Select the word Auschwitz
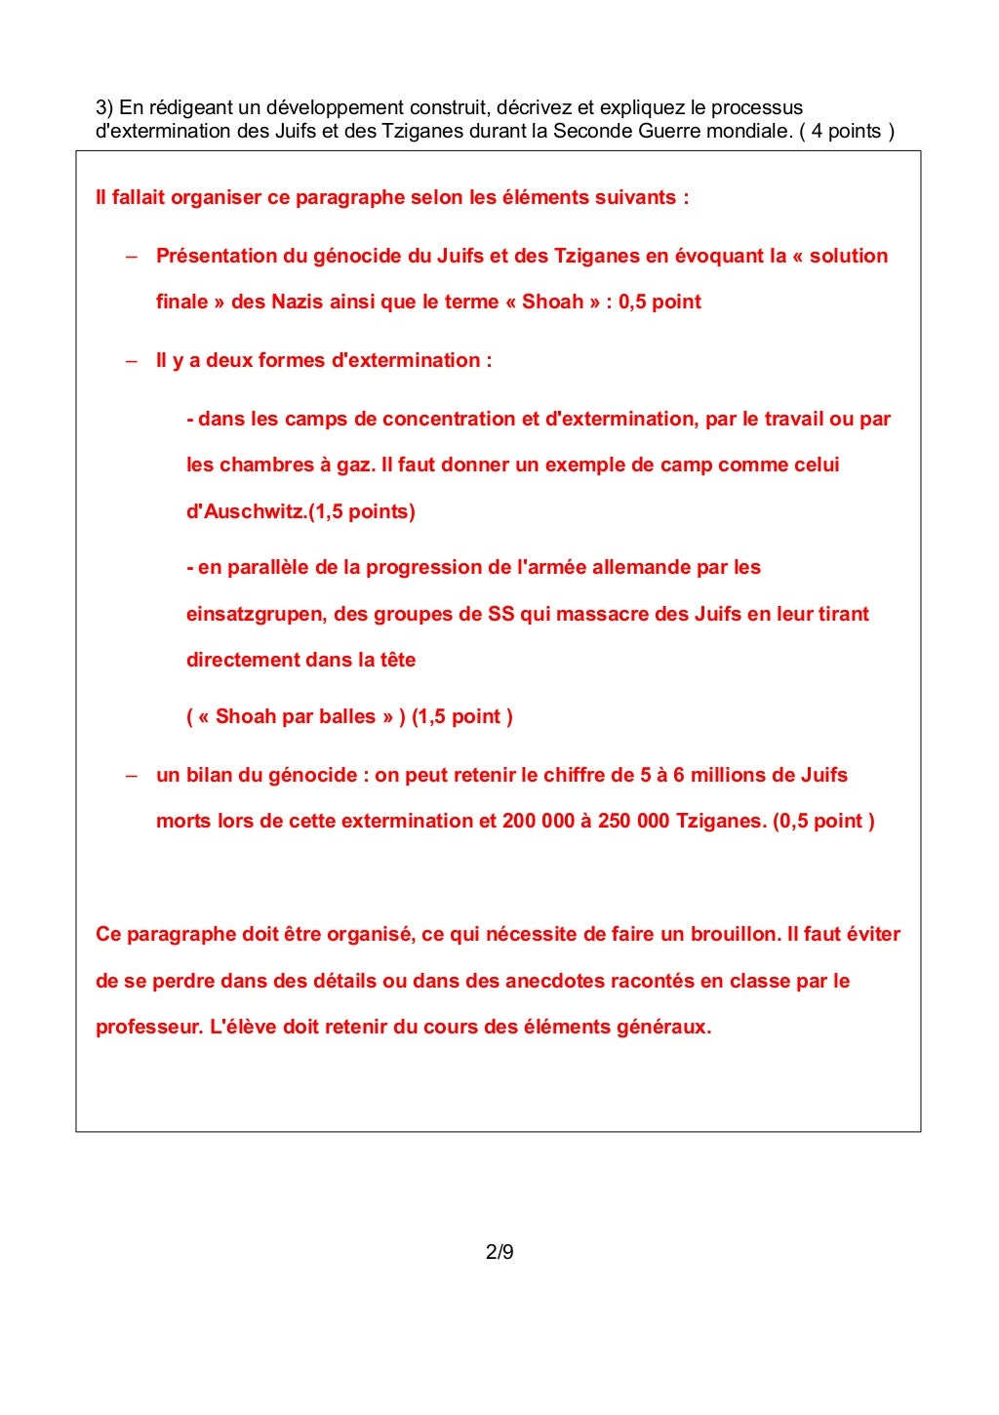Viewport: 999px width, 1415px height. [256, 511]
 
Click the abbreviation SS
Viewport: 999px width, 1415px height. [500, 614]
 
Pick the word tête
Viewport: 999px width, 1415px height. [397, 660]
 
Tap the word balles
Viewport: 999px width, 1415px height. [346, 716]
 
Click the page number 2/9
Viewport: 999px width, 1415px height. [499, 1251]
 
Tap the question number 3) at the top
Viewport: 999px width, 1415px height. [104, 107]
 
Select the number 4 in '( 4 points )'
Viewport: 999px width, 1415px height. [817, 131]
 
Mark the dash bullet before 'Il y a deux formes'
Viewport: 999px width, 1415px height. [132, 361]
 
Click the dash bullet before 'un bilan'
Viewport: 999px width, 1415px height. [132, 776]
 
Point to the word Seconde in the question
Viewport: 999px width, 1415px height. [593, 131]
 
